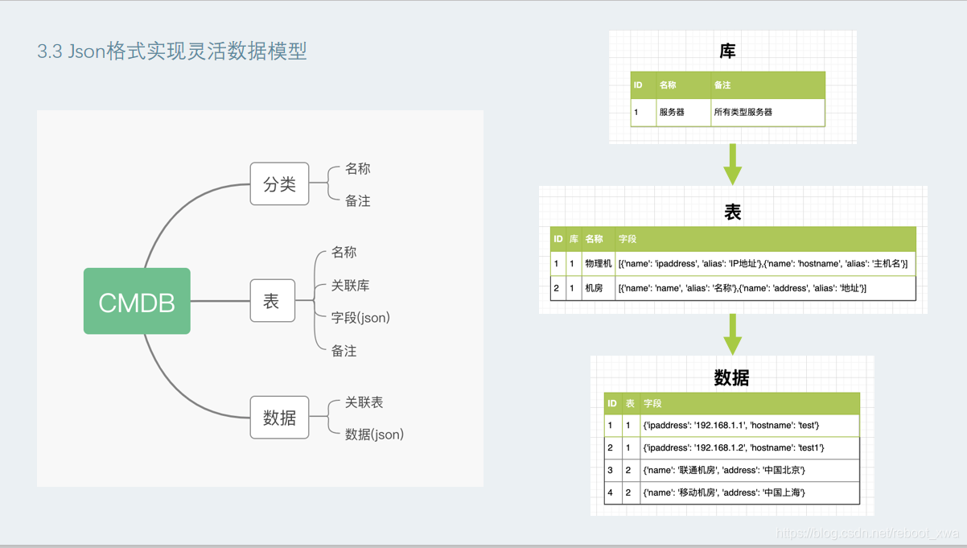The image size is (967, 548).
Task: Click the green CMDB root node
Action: tap(137, 302)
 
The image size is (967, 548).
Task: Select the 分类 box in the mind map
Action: tap(279, 184)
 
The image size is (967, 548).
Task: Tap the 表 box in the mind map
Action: tap(272, 301)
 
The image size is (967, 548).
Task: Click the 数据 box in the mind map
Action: tap(279, 418)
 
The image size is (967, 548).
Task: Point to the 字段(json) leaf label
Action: tap(360, 318)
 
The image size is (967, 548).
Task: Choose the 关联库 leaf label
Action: tap(350, 286)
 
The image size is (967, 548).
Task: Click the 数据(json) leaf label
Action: tap(374, 435)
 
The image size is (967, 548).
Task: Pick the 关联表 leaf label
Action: tap(364, 402)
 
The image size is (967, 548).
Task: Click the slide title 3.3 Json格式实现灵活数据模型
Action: tap(172, 52)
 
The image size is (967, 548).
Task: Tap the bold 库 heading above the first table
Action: tap(727, 52)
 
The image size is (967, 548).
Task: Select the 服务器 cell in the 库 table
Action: tap(672, 113)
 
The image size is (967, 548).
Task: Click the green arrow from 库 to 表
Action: tap(732, 164)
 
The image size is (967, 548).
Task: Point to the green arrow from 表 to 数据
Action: tap(732, 333)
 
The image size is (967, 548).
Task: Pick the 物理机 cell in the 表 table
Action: tap(598, 264)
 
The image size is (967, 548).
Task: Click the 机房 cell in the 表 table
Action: tap(594, 288)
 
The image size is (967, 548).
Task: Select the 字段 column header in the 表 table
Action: tap(628, 239)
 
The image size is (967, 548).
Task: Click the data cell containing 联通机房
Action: tap(724, 471)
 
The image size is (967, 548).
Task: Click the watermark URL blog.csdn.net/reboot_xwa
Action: tap(867, 534)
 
